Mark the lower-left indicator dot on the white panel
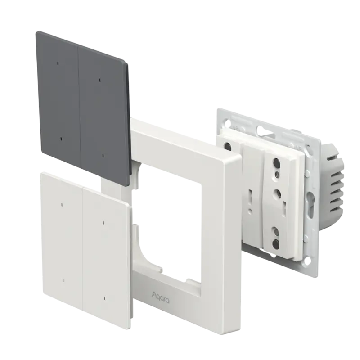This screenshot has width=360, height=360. (x=63, y=280)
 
